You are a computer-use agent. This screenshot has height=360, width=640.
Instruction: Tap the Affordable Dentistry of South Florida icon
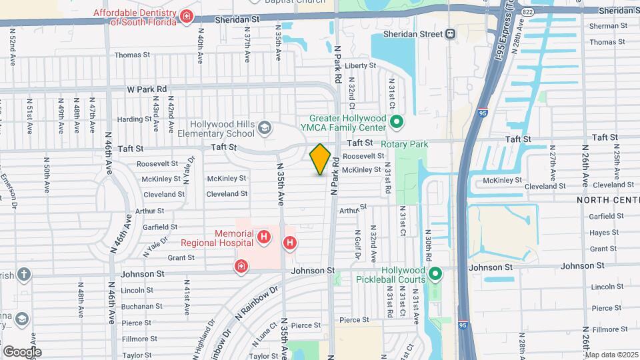(x=187, y=17)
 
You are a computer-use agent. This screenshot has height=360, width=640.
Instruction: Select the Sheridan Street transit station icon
(x=451, y=34)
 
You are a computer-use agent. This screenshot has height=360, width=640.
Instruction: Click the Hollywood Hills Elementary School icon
(x=265, y=127)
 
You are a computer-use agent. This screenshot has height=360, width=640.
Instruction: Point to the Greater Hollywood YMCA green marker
(x=397, y=122)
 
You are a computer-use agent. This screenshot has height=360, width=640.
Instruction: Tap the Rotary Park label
(x=404, y=143)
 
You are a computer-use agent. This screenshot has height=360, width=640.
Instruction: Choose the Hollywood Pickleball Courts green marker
(x=435, y=273)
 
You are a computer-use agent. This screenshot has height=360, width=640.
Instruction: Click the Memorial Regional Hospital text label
(x=234, y=239)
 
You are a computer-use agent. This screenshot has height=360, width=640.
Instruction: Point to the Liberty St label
(x=361, y=66)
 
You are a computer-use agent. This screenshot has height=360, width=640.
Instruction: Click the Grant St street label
(x=181, y=257)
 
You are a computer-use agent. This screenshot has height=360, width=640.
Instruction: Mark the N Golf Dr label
(x=357, y=245)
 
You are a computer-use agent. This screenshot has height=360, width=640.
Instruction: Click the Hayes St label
(x=605, y=233)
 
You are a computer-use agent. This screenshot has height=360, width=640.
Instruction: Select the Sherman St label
(x=605, y=26)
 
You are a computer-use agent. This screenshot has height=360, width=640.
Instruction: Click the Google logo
(x=22, y=351)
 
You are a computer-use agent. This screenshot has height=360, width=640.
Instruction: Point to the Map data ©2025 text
(x=611, y=355)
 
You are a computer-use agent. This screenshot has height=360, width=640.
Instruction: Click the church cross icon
(x=24, y=274)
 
